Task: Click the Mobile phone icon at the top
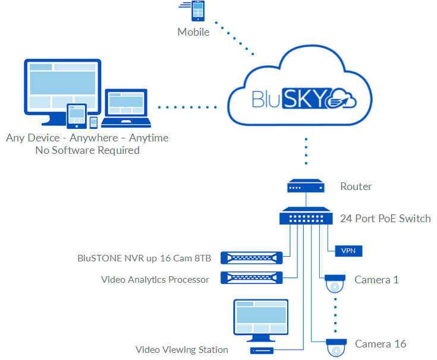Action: pyautogui.click(x=197, y=12)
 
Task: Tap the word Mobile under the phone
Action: pyautogui.click(x=194, y=32)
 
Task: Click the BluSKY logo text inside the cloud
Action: pyautogui.click(x=291, y=97)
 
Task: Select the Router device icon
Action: pyautogui.click(x=306, y=187)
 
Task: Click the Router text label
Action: pyautogui.click(x=356, y=187)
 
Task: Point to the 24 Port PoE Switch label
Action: pyautogui.click(x=385, y=219)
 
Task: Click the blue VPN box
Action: pyautogui.click(x=348, y=251)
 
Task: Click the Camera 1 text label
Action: pyautogui.click(x=377, y=279)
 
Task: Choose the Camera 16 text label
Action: pyautogui.click(x=381, y=344)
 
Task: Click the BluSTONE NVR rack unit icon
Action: pyautogui.click(x=250, y=258)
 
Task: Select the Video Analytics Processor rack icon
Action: pyautogui.click(x=250, y=277)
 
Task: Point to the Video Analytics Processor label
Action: pyautogui.click(x=155, y=279)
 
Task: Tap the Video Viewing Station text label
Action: pyautogui.click(x=182, y=350)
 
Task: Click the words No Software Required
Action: pyautogui.click(x=87, y=150)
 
